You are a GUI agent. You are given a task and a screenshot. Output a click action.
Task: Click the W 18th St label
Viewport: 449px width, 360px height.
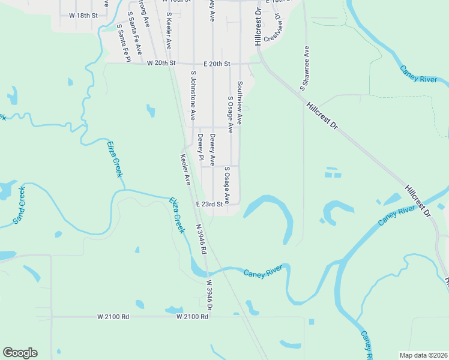pyautogui.click(x=83, y=14)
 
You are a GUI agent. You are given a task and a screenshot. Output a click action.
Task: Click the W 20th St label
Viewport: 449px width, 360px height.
pyautogui.click(x=161, y=63)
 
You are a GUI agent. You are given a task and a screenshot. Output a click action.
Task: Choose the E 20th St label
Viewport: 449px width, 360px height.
pyautogui.click(x=217, y=63)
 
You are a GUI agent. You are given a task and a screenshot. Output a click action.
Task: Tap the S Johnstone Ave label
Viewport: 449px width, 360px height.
pyautogui.click(x=193, y=95)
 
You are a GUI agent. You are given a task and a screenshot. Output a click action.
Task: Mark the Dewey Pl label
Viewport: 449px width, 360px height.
pyautogui.click(x=200, y=146)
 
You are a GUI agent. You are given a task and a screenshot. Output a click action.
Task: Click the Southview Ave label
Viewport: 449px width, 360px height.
pyautogui.click(x=240, y=103)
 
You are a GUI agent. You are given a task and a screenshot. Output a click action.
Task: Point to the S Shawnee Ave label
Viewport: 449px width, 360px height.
pyautogui.click(x=306, y=66)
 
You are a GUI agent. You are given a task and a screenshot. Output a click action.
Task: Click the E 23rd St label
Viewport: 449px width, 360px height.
pyautogui.click(x=209, y=204)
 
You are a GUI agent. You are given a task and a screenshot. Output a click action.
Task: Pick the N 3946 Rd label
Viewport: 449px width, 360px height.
pyautogui.click(x=201, y=239)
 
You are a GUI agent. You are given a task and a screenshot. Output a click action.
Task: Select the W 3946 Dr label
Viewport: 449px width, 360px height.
pyautogui.click(x=209, y=294)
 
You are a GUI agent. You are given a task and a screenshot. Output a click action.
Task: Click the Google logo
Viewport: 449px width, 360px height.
pyautogui.click(x=20, y=353)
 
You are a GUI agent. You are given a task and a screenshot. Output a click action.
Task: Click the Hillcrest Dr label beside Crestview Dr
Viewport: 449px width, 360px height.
pyautogui.click(x=258, y=27)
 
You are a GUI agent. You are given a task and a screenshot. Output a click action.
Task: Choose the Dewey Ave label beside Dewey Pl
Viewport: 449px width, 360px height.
pyautogui.click(x=212, y=150)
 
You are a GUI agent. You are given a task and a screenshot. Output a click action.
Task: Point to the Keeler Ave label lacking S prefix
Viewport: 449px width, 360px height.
pyautogui.click(x=185, y=169)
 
